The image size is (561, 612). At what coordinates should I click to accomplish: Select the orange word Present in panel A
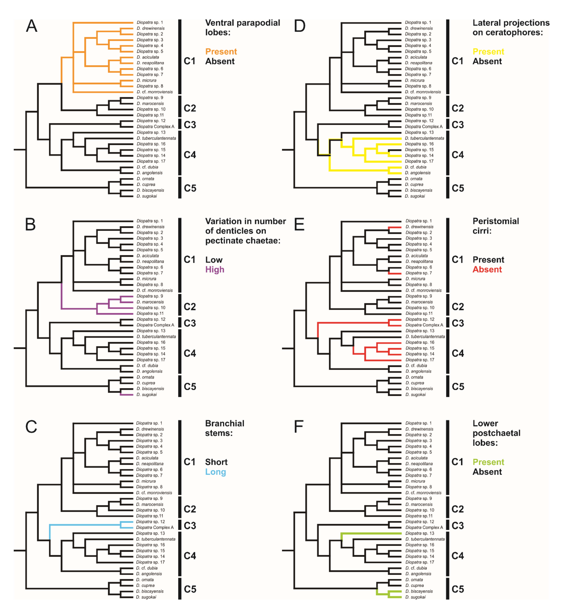[221, 52]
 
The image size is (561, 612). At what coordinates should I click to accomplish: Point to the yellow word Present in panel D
[488, 52]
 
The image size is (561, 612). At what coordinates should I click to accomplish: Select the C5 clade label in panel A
[190, 188]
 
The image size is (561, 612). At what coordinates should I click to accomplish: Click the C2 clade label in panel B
[190, 307]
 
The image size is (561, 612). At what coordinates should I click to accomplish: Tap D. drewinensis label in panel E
[419, 227]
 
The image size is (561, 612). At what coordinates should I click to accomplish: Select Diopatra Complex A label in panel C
[155, 528]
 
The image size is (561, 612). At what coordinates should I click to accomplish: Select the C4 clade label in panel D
[457, 155]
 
